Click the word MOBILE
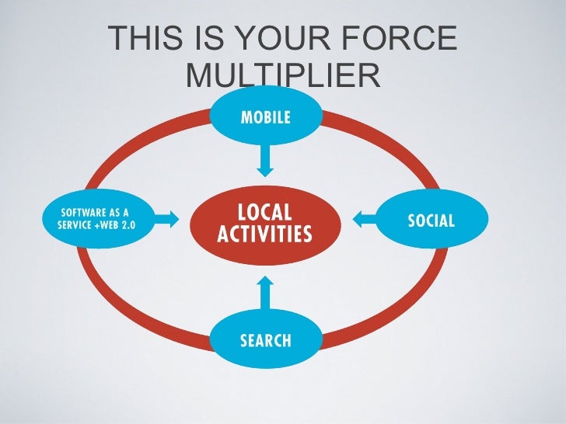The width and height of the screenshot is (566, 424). tap(265, 117)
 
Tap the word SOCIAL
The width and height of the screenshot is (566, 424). tap(431, 221)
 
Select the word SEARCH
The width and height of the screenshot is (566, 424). tap(265, 340)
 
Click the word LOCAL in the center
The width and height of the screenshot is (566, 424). tap(264, 212)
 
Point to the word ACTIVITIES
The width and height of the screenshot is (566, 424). tap(264, 234)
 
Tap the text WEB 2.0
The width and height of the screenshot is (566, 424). tap(117, 225)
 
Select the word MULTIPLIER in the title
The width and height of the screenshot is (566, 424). tap(283, 76)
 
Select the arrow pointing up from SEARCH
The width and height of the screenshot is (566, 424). tap(265, 294)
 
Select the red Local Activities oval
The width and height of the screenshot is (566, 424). tap(264, 223)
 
